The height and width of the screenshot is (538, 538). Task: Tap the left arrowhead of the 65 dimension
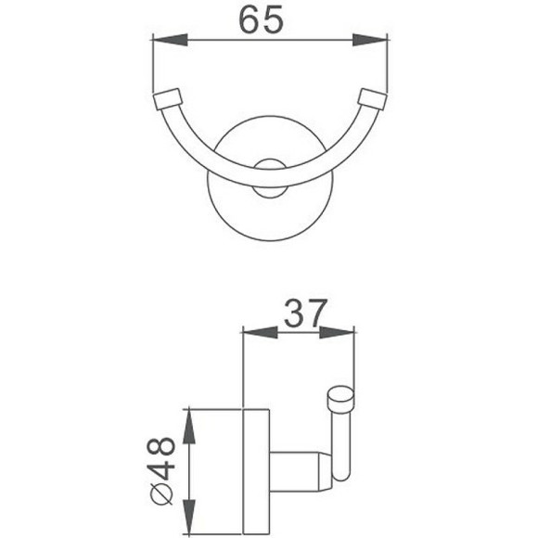pyautogui.click(x=164, y=39)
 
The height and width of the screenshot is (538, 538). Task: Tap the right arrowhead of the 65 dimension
pyautogui.click(x=374, y=39)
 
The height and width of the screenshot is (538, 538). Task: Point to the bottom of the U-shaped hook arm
pyautogui.click(x=268, y=188)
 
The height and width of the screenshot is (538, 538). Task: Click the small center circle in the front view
pyautogui.click(x=269, y=168)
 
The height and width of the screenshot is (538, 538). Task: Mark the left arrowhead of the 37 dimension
pyautogui.click(x=252, y=332)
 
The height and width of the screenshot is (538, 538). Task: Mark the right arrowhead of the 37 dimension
pyautogui.click(x=345, y=332)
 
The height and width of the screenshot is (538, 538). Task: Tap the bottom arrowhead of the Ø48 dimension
pyautogui.click(x=189, y=524)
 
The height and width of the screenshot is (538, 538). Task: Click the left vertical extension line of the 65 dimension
pyautogui.click(x=151, y=65)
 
